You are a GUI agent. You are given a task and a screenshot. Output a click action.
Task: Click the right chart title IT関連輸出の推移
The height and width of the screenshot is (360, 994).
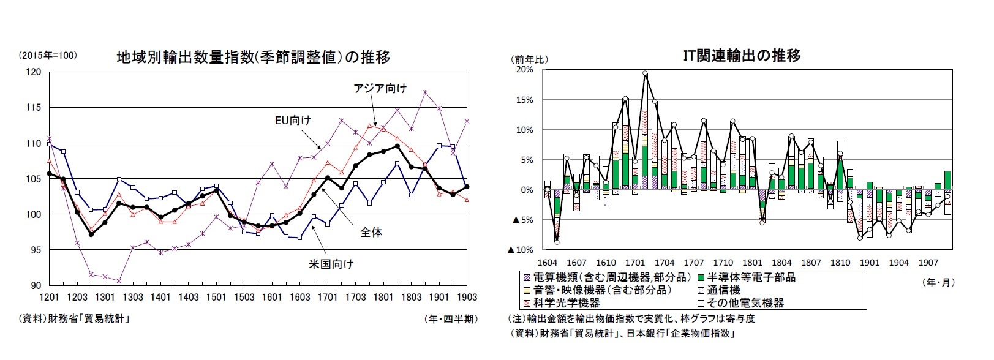click(x=742, y=56)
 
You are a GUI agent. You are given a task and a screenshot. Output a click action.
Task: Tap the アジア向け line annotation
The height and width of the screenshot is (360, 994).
click(x=380, y=88)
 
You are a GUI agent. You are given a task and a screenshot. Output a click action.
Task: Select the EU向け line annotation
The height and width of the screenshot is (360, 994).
click(x=293, y=120)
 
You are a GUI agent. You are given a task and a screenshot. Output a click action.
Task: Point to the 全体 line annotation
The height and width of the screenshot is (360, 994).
click(x=371, y=232)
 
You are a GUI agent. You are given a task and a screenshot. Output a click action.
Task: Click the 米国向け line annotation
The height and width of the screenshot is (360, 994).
click(x=331, y=264)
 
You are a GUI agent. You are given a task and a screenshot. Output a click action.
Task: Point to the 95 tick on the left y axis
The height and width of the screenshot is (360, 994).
click(x=36, y=250)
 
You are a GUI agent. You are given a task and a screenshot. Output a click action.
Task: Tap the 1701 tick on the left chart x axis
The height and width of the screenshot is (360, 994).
click(x=328, y=297)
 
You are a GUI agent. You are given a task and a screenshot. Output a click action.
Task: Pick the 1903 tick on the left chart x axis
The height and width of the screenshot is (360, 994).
click(x=467, y=297)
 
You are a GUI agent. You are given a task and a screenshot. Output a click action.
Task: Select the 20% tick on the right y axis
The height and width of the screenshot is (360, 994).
click(x=525, y=70)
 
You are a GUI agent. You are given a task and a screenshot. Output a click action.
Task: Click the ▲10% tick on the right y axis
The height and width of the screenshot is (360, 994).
click(x=521, y=250)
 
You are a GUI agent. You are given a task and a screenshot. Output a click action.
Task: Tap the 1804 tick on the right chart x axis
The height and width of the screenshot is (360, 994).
click(x=781, y=263)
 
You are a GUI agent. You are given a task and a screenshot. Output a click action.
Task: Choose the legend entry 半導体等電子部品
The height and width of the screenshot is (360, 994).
click(x=747, y=277)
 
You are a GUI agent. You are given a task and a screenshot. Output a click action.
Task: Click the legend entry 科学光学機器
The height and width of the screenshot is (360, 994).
click(x=562, y=303)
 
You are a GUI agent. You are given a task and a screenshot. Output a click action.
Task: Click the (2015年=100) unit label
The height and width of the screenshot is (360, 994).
click(x=48, y=56)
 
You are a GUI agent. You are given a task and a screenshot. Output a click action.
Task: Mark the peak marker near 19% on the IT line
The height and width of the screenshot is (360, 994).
click(x=645, y=73)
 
